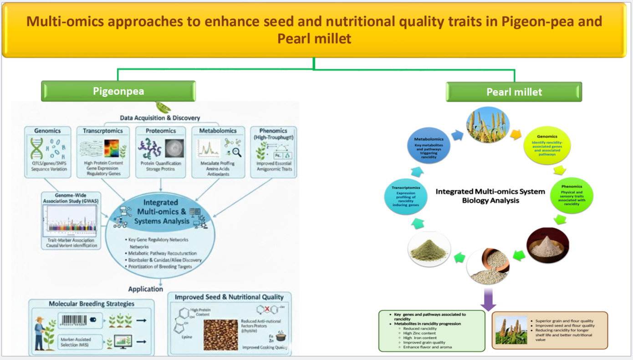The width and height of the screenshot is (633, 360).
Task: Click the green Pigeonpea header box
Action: (118, 91)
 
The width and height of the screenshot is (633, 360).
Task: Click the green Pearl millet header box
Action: (514, 92)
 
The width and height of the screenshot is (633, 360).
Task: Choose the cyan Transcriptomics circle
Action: (407, 196)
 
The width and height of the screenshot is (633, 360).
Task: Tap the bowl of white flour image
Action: (548, 246)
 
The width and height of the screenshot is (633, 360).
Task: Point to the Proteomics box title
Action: (161, 131)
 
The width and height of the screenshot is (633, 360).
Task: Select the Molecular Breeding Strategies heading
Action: (92, 304)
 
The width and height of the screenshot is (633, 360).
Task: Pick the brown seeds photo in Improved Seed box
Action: (221, 335)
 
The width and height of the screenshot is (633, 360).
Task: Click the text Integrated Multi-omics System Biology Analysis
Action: (490, 196)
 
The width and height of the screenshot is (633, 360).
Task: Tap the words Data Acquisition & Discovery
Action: (159, 118)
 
